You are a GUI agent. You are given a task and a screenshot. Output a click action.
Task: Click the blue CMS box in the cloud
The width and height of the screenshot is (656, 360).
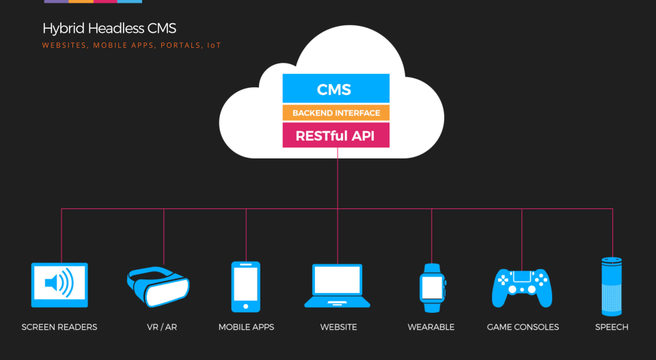pos(336,89)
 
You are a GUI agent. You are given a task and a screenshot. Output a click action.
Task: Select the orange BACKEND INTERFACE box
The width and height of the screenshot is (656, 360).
pos(336,113)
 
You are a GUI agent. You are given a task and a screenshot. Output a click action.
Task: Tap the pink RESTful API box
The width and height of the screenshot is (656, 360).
pos(336,135)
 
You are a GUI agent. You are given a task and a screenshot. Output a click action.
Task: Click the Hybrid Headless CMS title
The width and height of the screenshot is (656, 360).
pos(109,29)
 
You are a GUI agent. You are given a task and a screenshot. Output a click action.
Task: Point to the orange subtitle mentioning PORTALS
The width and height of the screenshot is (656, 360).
pos(132,46)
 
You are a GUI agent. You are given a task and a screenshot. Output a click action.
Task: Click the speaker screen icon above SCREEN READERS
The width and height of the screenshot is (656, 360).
pos(59,284)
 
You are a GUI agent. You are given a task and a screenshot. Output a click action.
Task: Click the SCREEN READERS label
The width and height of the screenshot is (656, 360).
pos(59,327)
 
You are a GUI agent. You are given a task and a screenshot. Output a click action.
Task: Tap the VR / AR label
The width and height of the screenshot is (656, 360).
pos(162,327)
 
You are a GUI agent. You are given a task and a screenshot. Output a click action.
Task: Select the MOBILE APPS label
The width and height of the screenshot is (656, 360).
pos(246,327)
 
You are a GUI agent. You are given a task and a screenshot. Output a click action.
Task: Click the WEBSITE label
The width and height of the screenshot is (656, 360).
pos(338,327)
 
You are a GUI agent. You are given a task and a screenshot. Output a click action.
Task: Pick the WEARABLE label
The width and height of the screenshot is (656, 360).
pos(431,327)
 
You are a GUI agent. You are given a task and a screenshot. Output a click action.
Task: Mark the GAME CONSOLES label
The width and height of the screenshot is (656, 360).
pos(523,327)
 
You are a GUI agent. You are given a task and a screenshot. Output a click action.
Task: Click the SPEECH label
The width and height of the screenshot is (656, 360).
pos(612,327)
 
